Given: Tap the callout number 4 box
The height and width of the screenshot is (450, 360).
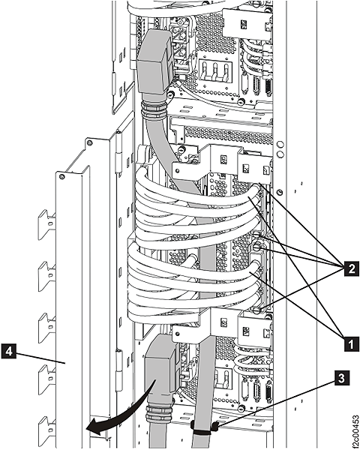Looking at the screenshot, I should coord(9,349).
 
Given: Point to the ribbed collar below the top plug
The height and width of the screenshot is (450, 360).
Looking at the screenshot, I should coord(154,113).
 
